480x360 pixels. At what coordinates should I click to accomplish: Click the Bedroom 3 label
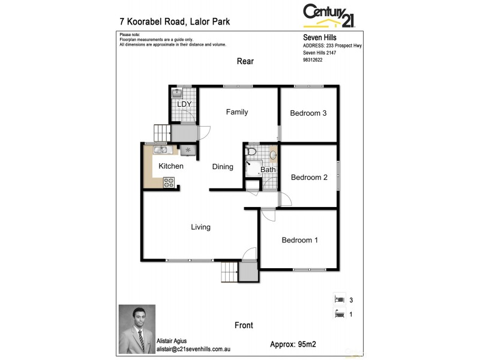click(308, 113)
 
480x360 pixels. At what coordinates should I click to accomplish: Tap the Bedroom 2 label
click(309, 178)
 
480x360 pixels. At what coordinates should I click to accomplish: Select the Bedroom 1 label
click(299, 241)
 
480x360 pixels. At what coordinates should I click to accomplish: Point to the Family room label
click(236, 112)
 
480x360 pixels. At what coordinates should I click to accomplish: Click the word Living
click(200, 227)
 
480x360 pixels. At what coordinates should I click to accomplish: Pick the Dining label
click(223, 167)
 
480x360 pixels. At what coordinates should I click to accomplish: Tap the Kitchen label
click(171, 166)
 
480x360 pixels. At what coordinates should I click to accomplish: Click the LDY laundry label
click(183, 104)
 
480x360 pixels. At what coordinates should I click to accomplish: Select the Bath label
click(268, 170)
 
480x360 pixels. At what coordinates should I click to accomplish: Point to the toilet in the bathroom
click(251, 152)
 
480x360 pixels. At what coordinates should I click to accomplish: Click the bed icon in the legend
click(339, 299)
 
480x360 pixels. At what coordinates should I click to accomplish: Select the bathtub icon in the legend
click(339, 313)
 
